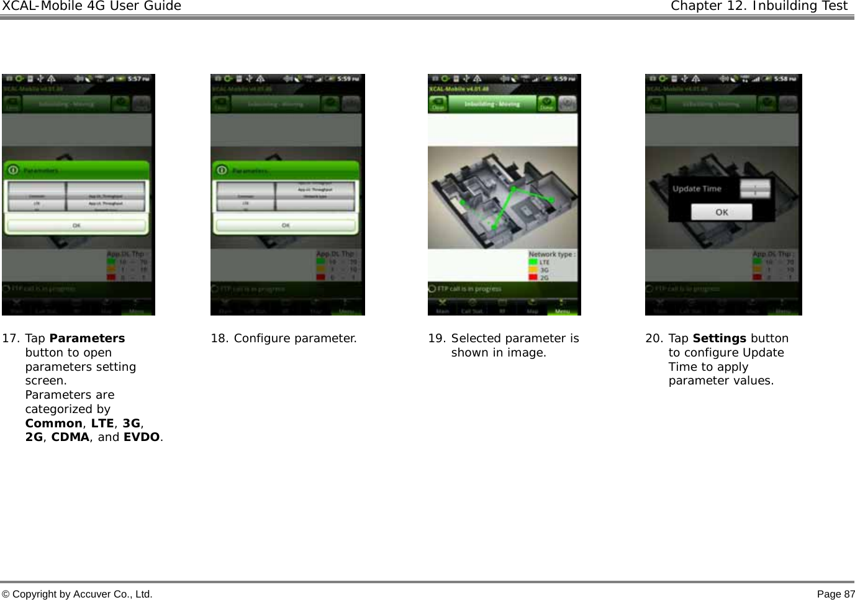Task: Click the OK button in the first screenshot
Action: (77, 225)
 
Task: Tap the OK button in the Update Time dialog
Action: (722, 212)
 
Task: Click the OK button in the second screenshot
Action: (286, 225)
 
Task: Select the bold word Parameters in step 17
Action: (87, 339)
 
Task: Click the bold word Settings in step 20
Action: (719, 339)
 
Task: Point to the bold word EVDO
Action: (142, 437)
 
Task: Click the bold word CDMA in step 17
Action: (70, 437)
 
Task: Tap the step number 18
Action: (219, 339)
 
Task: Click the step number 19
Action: (437, 339)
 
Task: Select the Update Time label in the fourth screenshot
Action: (697, 189)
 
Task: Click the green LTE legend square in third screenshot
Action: (533, 262)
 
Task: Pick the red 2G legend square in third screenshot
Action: (533, 277)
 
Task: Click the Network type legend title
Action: (551, 254)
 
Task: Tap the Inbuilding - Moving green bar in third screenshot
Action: (492, 104)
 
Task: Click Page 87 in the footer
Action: (836, 594)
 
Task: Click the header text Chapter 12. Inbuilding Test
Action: (759, 6)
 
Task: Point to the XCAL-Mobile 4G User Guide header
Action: (91, 6)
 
